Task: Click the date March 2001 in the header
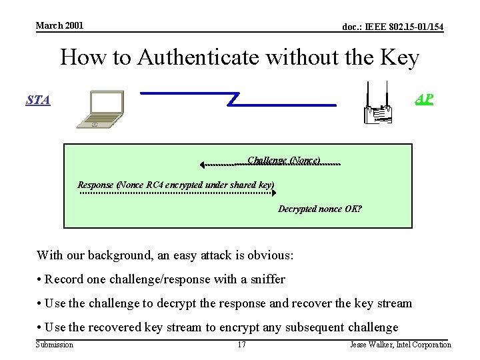tap(59, 25)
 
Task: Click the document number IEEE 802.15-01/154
tap(393, 27)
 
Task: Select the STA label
tap(37, 100)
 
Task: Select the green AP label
tap(424, 99)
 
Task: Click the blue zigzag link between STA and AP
tap(237, 99)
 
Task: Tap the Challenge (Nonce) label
tap(284, 160)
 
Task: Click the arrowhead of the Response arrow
tap(273, 193)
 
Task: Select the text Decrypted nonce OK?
tap(320, 209)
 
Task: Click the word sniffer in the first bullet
tap(267, 279)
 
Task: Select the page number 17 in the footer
tap(242, 345)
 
